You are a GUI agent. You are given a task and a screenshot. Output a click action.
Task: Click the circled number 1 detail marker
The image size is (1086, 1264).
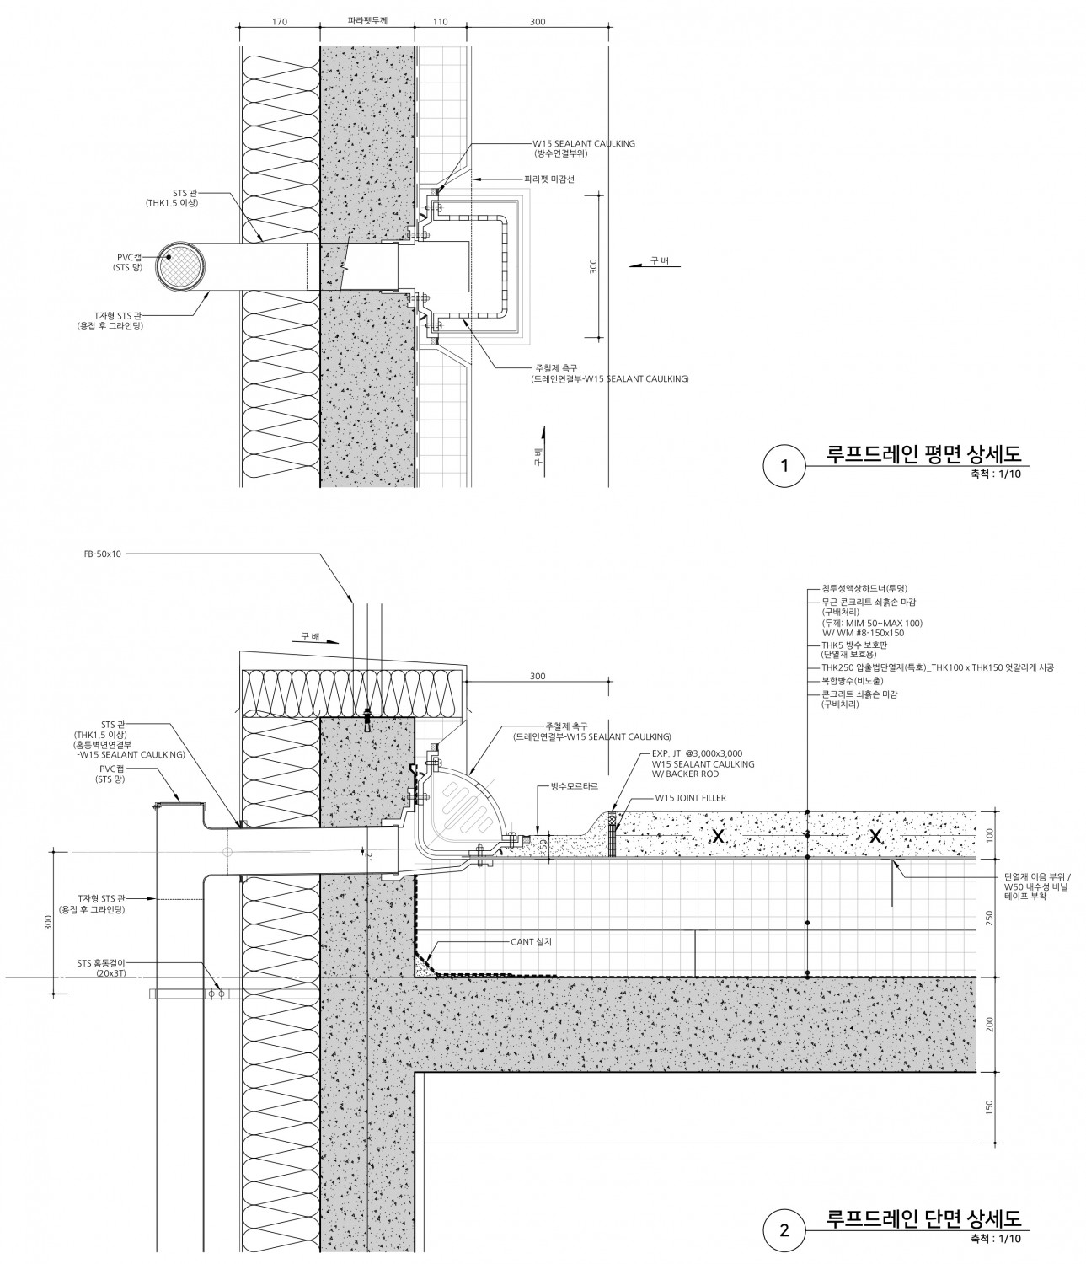coord(785,465)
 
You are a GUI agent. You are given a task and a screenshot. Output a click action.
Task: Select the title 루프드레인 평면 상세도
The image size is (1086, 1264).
coord(923,454)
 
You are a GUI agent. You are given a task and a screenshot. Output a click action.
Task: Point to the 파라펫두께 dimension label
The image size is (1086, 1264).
coord(366,22)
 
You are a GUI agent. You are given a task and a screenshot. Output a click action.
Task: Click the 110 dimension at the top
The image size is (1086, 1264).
coord(440,22)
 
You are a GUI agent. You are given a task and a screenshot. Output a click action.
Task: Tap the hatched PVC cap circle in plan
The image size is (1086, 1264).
coord(182,267)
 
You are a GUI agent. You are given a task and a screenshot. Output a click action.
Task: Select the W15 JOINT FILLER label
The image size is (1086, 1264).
coord(690,797)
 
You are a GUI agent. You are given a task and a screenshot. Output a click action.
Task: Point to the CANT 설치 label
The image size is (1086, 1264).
coord(531,941)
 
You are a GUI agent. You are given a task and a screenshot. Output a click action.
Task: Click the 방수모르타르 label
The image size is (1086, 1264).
coord(575,785)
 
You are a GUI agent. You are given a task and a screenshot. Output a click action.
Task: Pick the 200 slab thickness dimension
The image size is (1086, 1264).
coord(989,1024)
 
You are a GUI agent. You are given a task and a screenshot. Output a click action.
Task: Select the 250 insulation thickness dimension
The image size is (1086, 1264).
coord(989,918)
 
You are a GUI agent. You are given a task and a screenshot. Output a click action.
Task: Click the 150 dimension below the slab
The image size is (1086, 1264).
coord(989,1106)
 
